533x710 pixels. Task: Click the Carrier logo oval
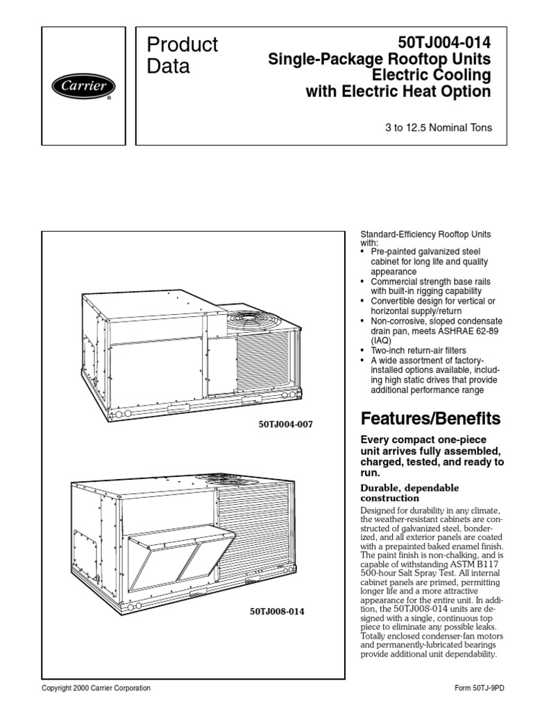pos(83,87)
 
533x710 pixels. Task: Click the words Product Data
pos(183,55)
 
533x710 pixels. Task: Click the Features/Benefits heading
pos(430,419)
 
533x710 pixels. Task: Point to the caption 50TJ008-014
pos(276,612)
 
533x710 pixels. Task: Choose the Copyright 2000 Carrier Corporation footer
pos(96,689)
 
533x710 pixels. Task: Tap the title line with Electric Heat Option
pos(398,92)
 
